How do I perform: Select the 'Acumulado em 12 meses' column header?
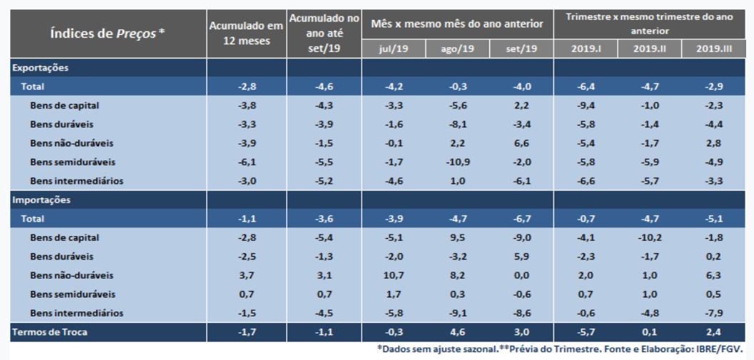[x=246, y=34]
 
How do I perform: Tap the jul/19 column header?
[x=393, y=49]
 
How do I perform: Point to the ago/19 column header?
[x=457, y=49]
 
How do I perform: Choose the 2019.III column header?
[x=713, y=49]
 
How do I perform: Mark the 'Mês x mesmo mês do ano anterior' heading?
[x=457, y=24]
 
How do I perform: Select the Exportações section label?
[x=40, y=68]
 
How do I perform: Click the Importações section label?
[x=40, y=200]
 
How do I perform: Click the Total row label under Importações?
[x=32, y=219]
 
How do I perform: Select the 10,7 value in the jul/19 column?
[x=393, y=275]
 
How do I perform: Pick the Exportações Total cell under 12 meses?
[x=246, y=86]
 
